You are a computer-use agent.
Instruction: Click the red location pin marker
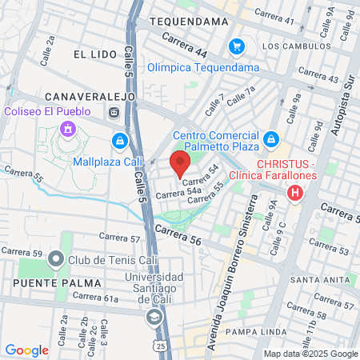point(179,164)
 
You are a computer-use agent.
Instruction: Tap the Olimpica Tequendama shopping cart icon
point(236,46)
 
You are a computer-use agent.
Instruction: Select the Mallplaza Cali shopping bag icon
point(119,140)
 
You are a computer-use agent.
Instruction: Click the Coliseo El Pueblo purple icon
point(68,128)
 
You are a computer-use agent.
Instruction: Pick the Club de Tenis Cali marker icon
point(55,259)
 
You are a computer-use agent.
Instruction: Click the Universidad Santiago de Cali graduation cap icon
point(153,318)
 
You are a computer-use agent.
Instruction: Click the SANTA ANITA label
point(320,279)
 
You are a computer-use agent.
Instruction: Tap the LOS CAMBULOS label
point(293,46)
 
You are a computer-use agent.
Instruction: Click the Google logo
point(26,350)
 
